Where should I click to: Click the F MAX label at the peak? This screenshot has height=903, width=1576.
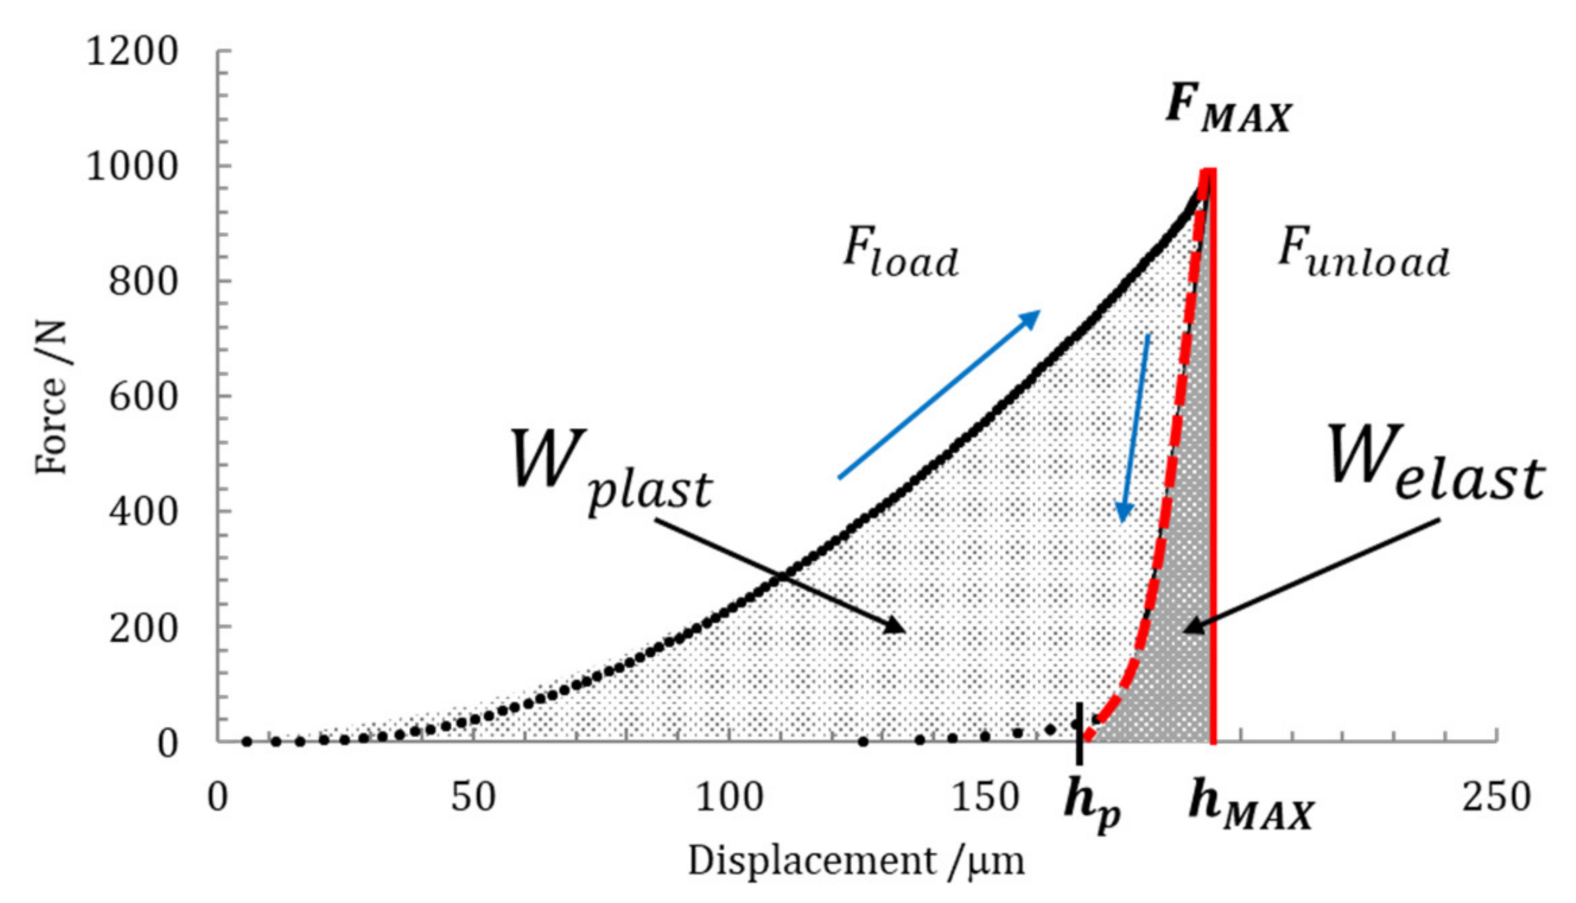tap(1229, 109)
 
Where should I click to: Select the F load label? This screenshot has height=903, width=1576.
tap(900, 253)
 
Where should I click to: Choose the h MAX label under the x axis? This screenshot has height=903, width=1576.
tap(1250, 804)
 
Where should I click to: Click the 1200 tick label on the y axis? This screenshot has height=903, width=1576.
tap(132, 51)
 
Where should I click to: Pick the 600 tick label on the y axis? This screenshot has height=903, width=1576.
tap(143, 397)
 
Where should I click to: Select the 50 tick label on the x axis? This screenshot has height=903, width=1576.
tap(473, 798)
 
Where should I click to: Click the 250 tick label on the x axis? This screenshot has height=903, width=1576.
tap(1496, 798)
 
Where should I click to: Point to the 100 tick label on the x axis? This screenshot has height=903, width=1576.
tap(729, 798)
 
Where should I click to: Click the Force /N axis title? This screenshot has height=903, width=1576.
tap(52, 397)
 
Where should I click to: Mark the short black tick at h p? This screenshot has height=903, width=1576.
tap(1079, 733)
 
